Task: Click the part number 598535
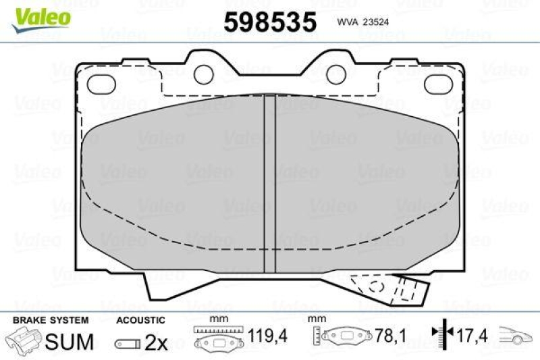tap(270, 22)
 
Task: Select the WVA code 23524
tap(360, 22)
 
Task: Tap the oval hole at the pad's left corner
tap(103, 82)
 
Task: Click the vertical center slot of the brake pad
tap(269, 182)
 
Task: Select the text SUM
tap(70, 342)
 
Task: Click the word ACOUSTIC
tap(140, 320)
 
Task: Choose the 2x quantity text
tap(156, 343)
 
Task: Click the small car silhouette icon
tap(518, 335)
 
